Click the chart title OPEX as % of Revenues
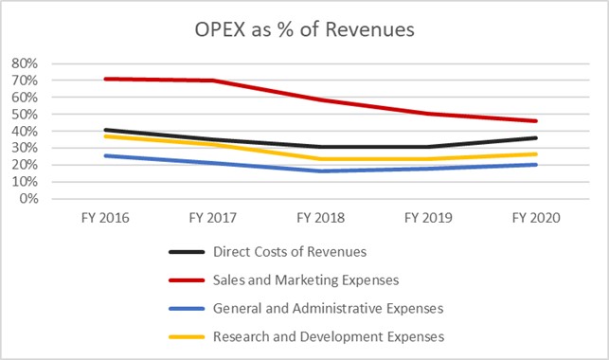click(304, 29)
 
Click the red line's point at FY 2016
click(104, 79)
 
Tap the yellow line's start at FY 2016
click(104, 136)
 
